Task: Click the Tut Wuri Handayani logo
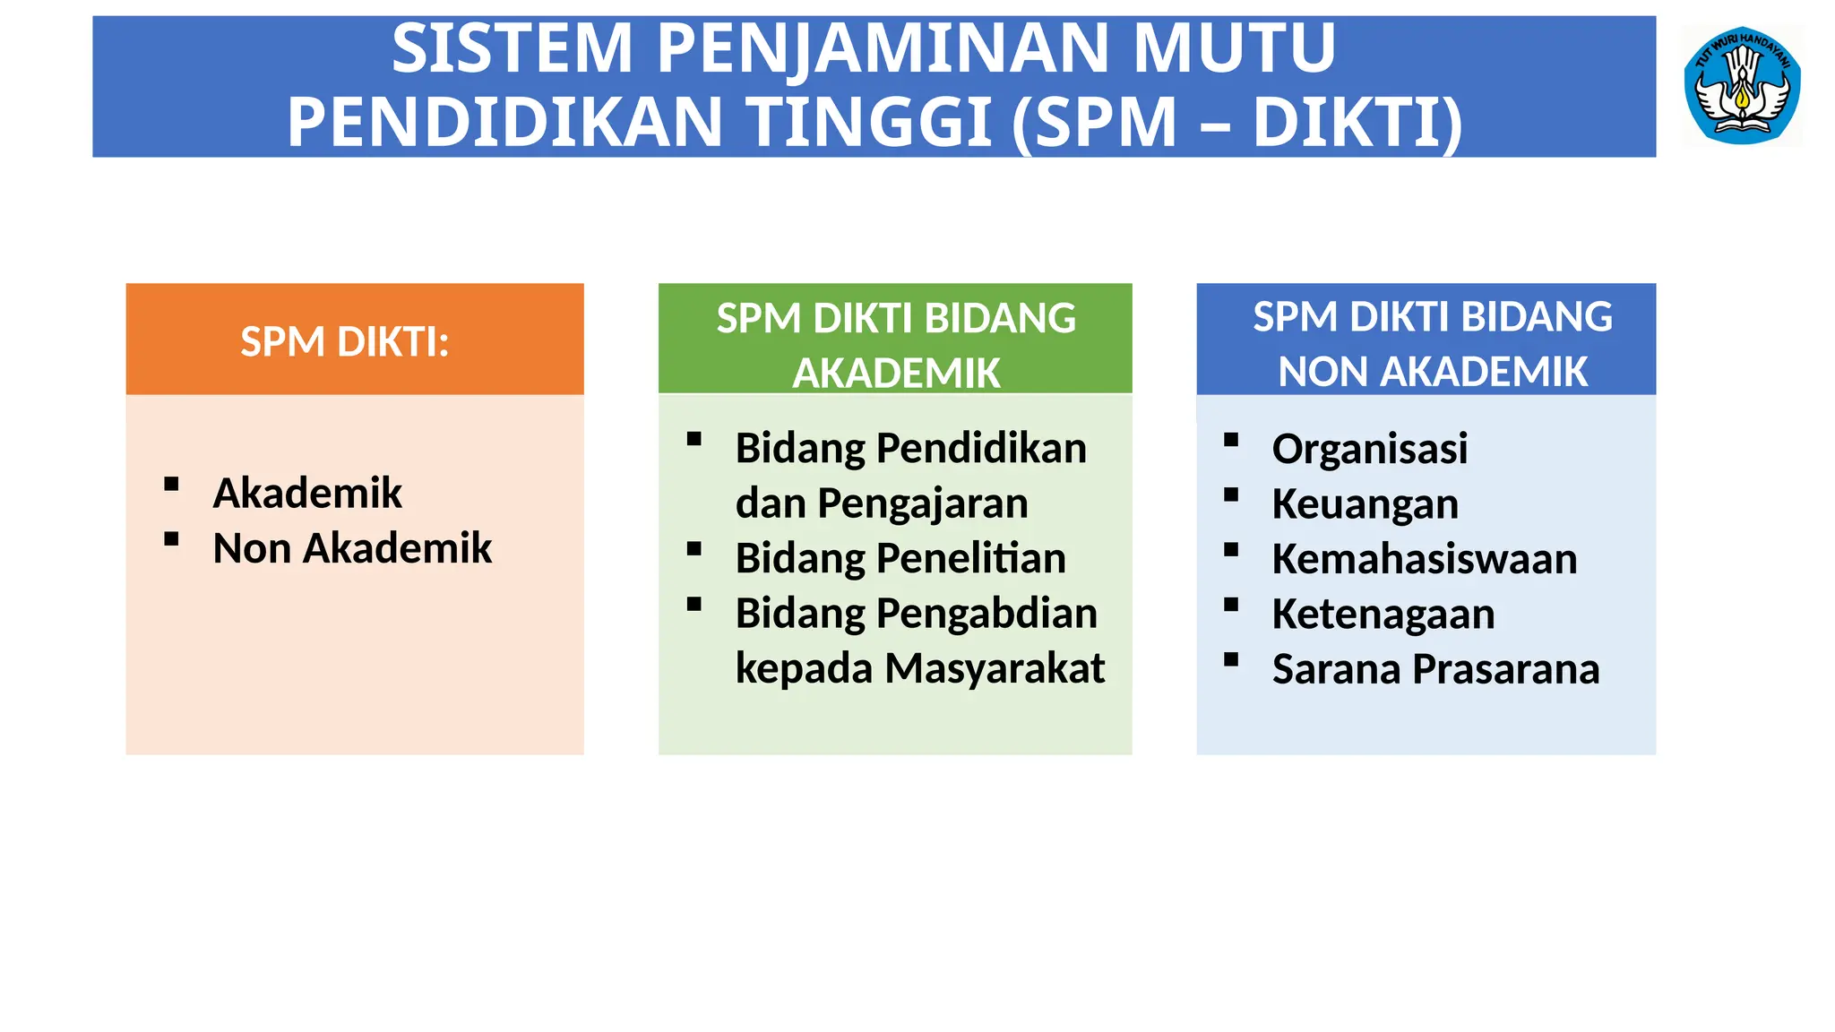click(1742, 86)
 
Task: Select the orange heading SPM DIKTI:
click(345, 341)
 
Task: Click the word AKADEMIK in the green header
click(896, 373)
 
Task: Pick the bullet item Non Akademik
click(352, 548)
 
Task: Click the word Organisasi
click(1370, 449)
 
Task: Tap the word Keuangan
click(1365, 504)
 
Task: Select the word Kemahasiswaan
click(1425, 559)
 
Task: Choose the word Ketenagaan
click(1383, 615)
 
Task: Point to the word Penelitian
click(971, 558)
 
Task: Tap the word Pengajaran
click(923, 503)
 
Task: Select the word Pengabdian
click(986, 614)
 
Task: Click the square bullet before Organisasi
click(1231, 440)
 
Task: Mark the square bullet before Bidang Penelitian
click(694, 549)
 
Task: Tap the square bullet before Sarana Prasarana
click(1231, 660)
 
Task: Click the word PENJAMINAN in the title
click(883, 48)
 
